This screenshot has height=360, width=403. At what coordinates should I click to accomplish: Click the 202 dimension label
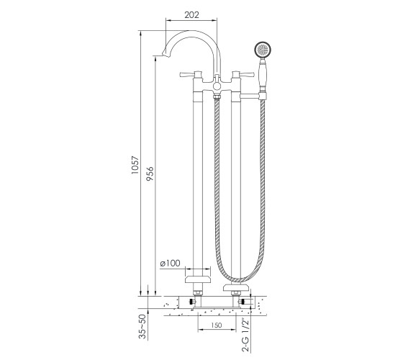pos(191,14)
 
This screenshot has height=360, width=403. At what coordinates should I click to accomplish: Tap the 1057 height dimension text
pos(135,165)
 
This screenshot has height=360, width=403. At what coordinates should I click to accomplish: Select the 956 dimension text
pos(150,174)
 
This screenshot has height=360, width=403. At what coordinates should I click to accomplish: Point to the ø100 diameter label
pos(170,263)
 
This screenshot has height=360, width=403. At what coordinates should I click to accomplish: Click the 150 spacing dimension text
pos(217,325)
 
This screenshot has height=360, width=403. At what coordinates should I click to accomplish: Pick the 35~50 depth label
pos(142,327)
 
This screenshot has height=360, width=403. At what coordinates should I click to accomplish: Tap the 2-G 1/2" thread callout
pos(245,335)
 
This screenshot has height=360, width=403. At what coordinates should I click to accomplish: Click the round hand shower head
pos(263,50)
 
